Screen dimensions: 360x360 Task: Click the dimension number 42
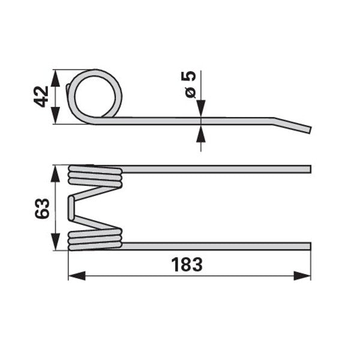pyautogui.click(x=41, y=97)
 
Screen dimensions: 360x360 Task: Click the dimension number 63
pyautogui.click(x=42, y=208)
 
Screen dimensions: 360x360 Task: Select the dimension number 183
pyautogui.click(x=187, y=265)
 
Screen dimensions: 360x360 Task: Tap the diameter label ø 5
pyautogui.click(x=189, y=85)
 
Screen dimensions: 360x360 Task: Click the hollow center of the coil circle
pyautogui.click(x=95, y=97)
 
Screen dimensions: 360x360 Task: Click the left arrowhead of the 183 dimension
pyautogui.click(x=77, y=276)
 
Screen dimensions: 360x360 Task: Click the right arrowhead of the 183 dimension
pyautogui.click(x=302, y=276)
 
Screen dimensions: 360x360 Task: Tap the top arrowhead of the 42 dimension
pyautogui.click(x=55, y=78)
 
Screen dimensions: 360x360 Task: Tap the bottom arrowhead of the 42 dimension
pyautogui.click(x=55, y=115)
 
